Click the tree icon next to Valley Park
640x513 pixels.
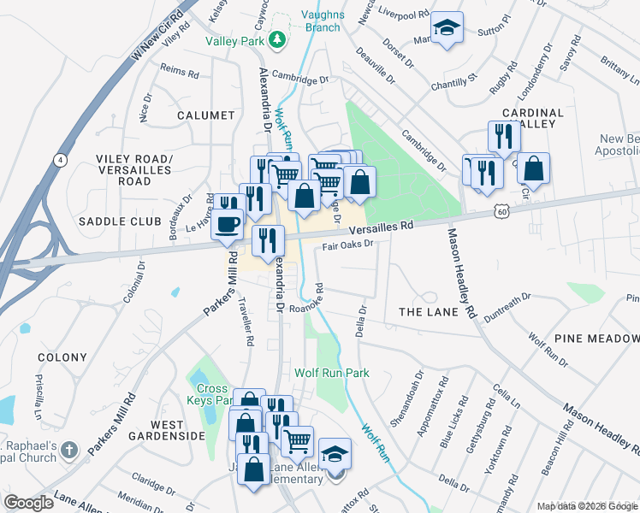(276, 40)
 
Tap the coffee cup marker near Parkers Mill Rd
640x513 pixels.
(227, 224)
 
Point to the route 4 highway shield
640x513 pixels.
(59, 160)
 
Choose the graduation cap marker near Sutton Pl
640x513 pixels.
(446, 29)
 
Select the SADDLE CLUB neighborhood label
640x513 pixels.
(120, 221)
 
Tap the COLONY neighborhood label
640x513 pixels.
(62, 357)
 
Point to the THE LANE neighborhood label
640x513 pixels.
(429, 312)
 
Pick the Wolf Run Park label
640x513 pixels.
(332, 373)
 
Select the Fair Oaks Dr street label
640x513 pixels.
(349, 245)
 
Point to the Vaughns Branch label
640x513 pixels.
(322, 21)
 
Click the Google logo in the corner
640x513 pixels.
(28, 503)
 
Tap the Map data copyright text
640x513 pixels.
(587, 506)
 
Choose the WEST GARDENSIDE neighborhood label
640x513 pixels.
(166, 430)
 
